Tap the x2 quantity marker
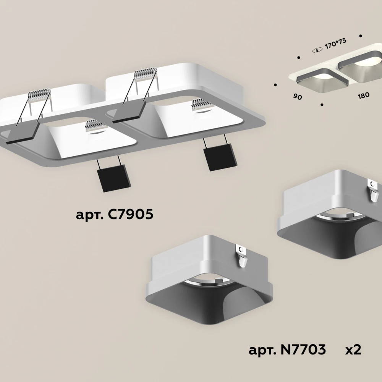coord(353,350)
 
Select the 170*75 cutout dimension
coord(335,44)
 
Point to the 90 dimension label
coord(298,97)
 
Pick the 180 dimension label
coord(364,95)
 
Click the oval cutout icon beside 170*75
coord(317,50)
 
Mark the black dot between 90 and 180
coord(322,105)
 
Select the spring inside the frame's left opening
coord(95,126)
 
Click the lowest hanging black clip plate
coord(113,178)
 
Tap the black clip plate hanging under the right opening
coord(220,157)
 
